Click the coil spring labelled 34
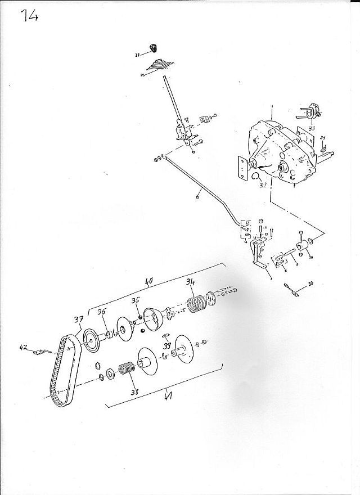(x=195, y=305)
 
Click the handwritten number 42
(x=24, y=348)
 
